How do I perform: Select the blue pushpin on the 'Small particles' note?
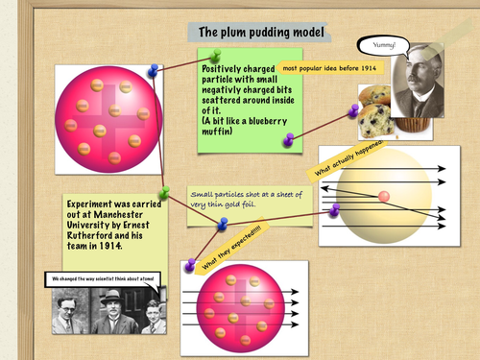[x=223, y=224]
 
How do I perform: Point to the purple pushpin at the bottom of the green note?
[x=289, y=139]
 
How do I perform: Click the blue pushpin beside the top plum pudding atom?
[x=154, y=70]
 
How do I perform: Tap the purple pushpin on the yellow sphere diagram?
[x=335, y=209]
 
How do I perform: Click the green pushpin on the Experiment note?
[x=165, y=192]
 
